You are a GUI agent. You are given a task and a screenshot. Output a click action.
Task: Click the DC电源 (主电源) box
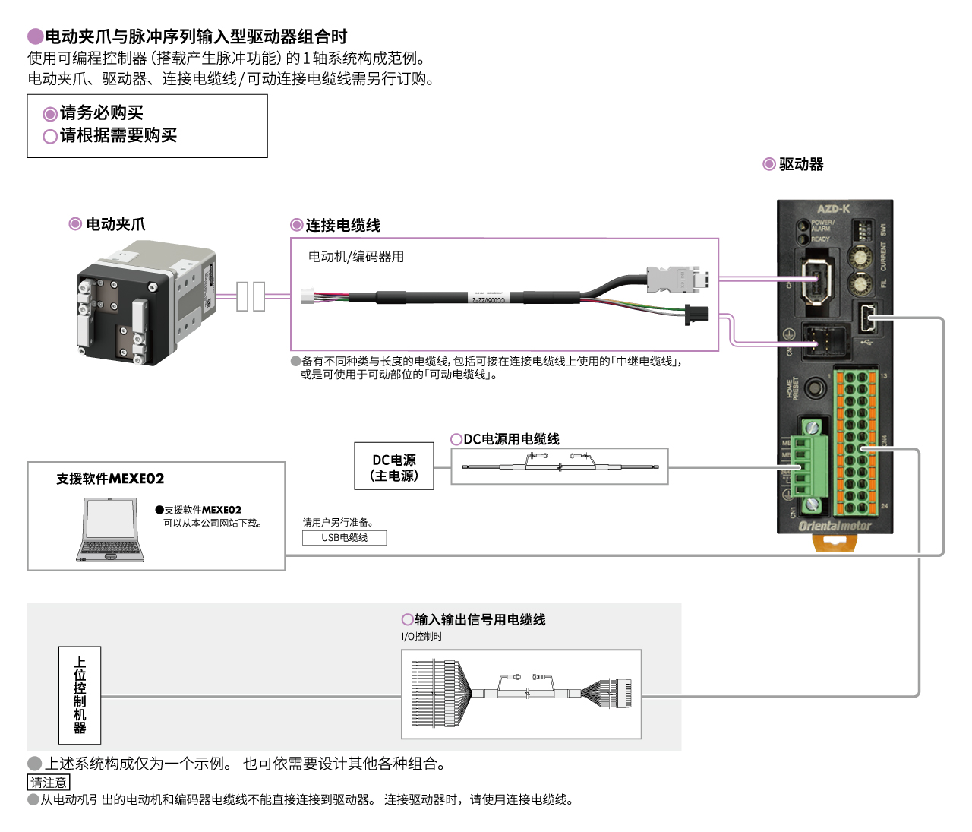(x=393, y=467)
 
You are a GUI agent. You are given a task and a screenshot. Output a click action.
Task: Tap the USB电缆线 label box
(x=344, y=538)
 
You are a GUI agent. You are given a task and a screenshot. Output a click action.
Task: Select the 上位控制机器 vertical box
(x=80, y=694)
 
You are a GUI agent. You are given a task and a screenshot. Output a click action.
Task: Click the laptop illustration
(x=110, y=530)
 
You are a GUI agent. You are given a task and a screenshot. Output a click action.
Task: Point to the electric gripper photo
(x=144, y=304)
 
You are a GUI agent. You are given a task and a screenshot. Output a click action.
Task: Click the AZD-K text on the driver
(x=833, y=209)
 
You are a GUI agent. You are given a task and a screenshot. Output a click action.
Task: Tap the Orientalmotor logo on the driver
(x=835, y=526)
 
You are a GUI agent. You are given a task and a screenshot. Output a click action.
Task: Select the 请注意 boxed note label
(x=49, y=783)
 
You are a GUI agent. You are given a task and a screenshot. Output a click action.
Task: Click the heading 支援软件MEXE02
(x=110, y=479)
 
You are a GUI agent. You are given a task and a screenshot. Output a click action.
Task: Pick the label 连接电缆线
(x=342, y=226)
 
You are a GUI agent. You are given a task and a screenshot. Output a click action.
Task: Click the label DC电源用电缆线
(x=511, y=439)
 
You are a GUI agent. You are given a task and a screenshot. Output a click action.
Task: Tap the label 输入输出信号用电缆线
(x=480, y=620)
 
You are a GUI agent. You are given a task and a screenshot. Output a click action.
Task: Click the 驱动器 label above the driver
(x=801, y=165)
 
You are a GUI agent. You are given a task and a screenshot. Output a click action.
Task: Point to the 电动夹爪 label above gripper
(x=115, y=224)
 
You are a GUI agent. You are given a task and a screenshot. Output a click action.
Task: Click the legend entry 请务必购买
(x=101, y=113)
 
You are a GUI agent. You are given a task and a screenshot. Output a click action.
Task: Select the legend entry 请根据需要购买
(x=118, y=136)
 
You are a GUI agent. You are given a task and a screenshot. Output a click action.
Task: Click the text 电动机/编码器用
(x=356, y=257)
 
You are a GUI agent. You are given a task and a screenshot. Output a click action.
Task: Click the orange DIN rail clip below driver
(x=834, y=543)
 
